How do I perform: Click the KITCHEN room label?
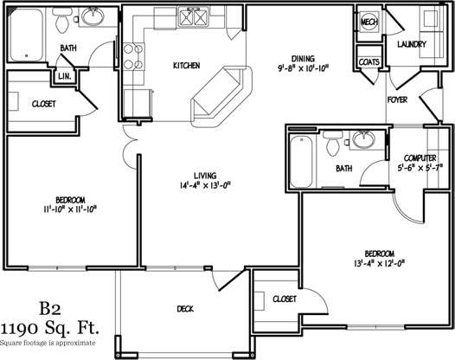click(187, 66)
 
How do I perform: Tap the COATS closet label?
click(368, 62)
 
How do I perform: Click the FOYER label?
click(398, 100)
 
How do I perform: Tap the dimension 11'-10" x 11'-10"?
click(70, 209)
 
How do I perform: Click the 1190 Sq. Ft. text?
click(50, 328)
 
